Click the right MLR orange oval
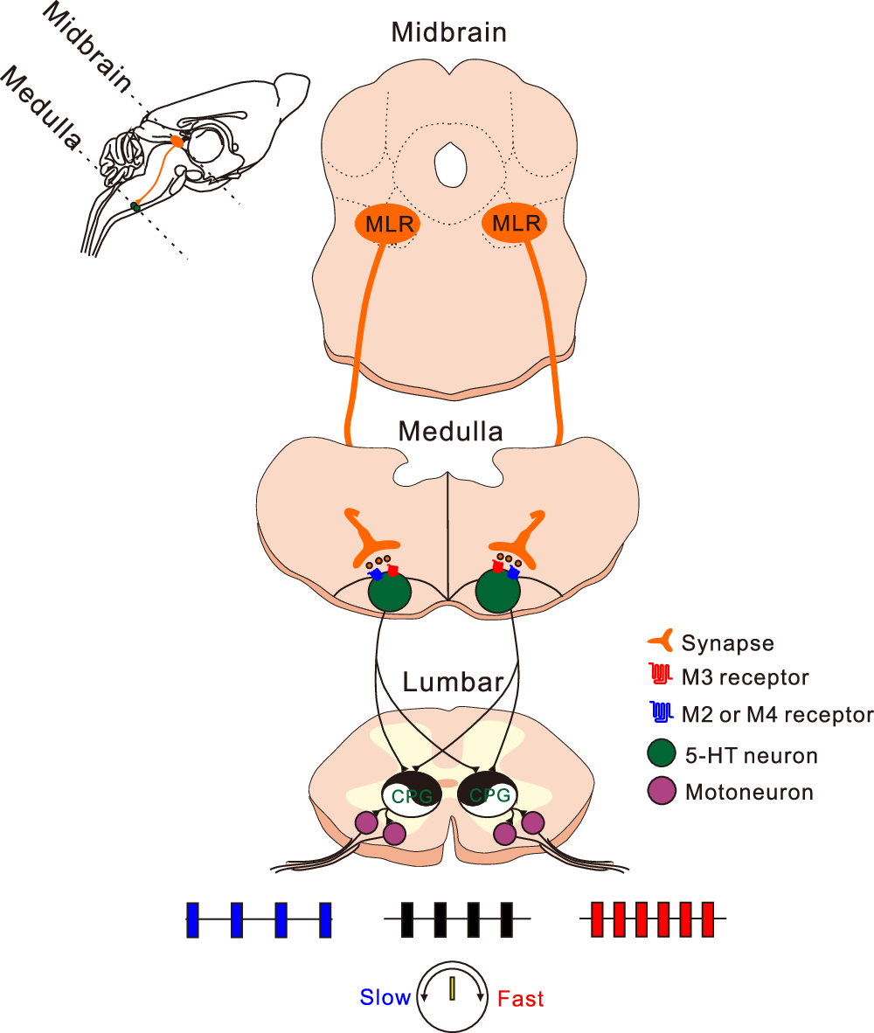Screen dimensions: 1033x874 tap(516, 225)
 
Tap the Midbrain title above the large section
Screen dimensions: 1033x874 tap(449, 32)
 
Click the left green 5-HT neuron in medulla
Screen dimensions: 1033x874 tap(389, 592)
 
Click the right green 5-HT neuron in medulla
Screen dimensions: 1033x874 tap(498, 592)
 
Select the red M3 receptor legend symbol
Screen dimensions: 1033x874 tap(662, 676)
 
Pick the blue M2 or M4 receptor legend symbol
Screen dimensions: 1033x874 tap(662, 713)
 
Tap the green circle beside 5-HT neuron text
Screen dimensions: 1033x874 tap(662, 753)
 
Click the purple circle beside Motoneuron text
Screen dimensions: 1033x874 tap(662, 792)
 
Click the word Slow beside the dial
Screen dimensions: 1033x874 tap(385, 997)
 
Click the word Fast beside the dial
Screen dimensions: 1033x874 tap(521, 998)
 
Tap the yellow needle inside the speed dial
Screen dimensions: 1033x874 tap(453, 990)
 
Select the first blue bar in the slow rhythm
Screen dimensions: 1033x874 tap(192, 920)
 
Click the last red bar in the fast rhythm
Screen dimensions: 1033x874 tap(709, 919)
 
